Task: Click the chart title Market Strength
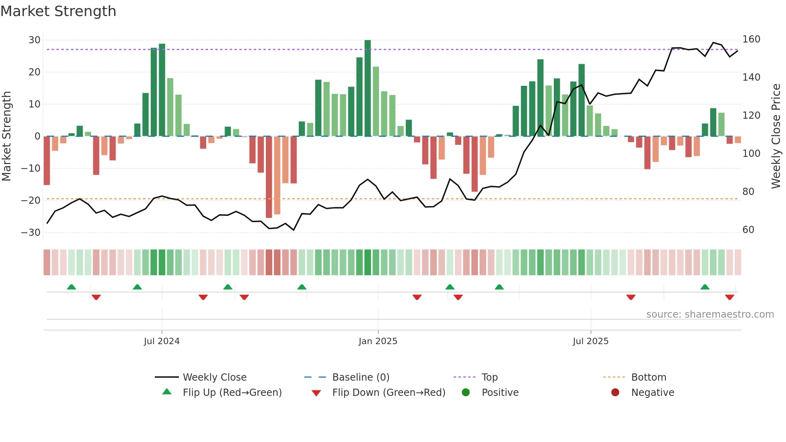tap(58, 11)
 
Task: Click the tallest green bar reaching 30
tap(367, 88)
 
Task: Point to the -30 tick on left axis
tap(31, 233)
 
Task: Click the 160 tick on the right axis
tap(751, 39)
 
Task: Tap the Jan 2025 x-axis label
tap(378, 341)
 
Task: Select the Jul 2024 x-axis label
tap(162, 341)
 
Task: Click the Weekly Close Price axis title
tap(776, 136)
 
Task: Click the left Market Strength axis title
tap(6, 136)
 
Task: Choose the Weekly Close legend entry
tap(215, 377)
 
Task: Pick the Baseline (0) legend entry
tap(361, 377)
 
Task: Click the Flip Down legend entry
tap(388, 393)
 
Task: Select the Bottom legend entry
tap(648, 377)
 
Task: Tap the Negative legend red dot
tap(615, 393)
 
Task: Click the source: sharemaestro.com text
tap(710, 314)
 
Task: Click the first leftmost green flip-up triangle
tap(71, 287)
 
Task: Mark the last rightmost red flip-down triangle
tap(729, 297)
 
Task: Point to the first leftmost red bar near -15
tap(47, 160)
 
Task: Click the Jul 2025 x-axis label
tap(590, 341)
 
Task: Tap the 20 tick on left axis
tap(34, 72)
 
